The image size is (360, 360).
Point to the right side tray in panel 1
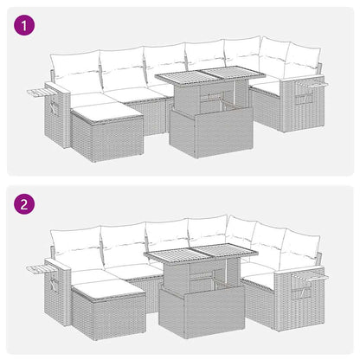315,84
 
